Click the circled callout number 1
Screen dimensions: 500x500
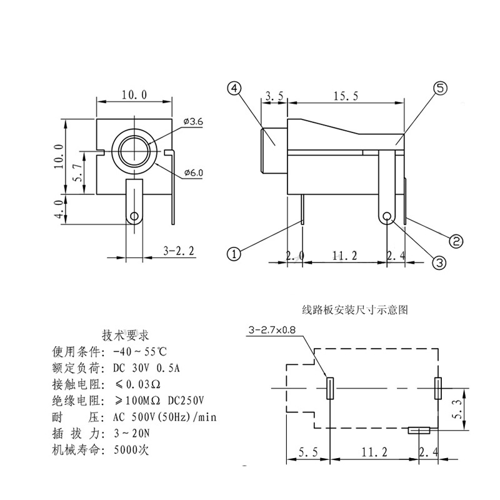(233, 254)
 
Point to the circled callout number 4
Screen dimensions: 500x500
(234, 89)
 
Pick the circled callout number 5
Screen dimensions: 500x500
(440, 89)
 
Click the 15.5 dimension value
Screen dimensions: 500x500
(346, 96)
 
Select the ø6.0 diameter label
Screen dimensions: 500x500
(193, 173)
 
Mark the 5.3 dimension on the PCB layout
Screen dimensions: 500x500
(459, 409)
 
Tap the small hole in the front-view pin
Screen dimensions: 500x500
(134, 216)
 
